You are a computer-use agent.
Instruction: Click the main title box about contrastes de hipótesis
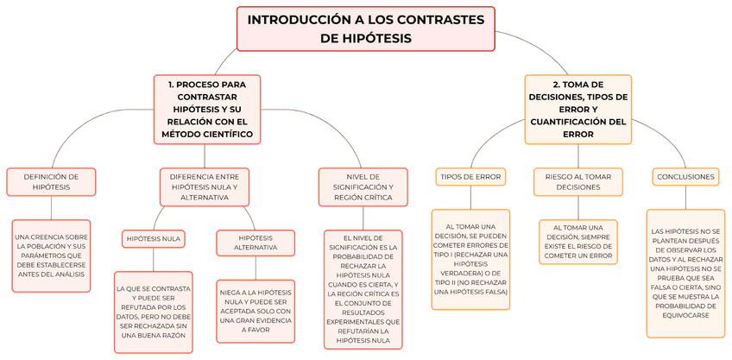click(365, 28)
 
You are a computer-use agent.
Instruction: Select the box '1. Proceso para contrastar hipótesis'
click(207, 110)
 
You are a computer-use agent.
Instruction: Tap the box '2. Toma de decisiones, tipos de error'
click(577, 110)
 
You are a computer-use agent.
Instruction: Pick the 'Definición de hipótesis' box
click(51, 181)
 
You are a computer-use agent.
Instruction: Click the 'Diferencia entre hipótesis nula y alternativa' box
click(205, 186)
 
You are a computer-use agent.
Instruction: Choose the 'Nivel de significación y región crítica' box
click(357, 186)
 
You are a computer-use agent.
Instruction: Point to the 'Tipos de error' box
click(470, 177)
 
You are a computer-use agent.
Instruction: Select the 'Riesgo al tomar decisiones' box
click(577, 181)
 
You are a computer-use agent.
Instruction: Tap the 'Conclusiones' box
click(685, 177)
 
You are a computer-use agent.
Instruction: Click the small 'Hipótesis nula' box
click(154, 238)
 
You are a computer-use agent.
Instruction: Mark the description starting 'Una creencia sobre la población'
click(51, 255)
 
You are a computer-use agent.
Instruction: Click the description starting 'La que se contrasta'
click(154, 312)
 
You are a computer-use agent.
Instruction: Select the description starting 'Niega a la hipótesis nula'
click(256, 312)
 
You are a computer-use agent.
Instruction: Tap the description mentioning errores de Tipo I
click(470, 260)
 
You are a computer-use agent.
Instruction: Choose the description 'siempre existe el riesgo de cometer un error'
click(577, 242)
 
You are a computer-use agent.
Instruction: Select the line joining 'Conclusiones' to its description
click(686, 197)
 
